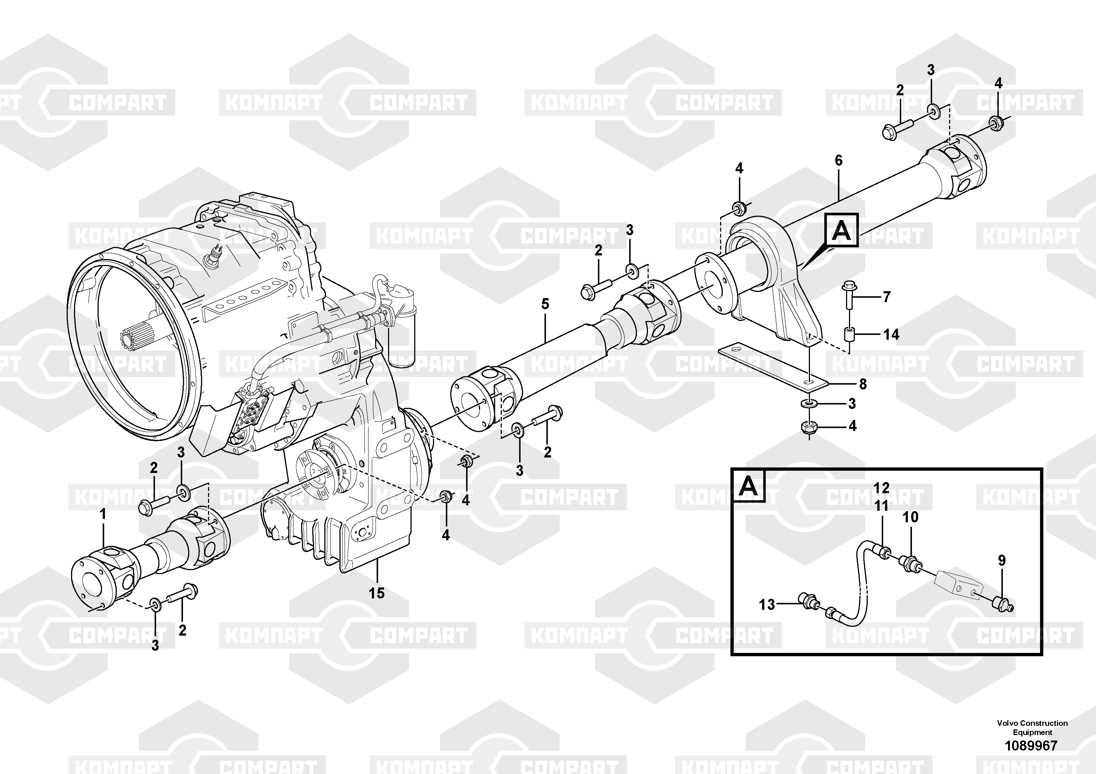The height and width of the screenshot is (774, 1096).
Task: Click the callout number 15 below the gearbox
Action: point(377,593)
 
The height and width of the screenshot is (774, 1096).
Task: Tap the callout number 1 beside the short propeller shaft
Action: point(103,515)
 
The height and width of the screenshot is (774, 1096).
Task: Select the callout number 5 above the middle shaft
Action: point(545,304)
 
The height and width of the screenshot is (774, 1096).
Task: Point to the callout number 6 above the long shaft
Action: point(839,160)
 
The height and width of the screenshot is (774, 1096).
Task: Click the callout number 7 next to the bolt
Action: point(887,297)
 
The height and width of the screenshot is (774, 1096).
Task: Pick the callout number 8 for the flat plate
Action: point(863,384)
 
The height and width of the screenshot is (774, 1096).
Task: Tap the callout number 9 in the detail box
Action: point(1002,560)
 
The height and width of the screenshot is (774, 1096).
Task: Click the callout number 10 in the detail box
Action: point(910,517)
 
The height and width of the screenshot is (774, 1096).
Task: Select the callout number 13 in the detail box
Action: point(767,605)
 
